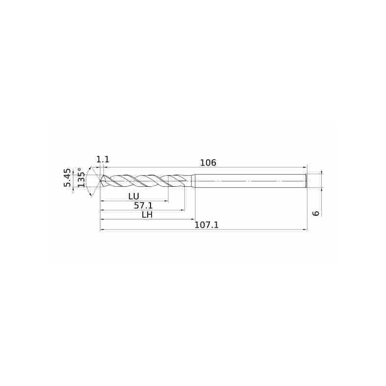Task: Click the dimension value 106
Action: point(208,163)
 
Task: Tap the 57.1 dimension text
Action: point(144,206)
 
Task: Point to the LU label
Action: point(134,196)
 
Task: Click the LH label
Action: point(147,215)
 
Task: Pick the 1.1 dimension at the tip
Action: point(103,159)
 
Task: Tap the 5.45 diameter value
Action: point(68,178)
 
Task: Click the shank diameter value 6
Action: point(317,212)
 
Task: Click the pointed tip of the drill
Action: point(101,181)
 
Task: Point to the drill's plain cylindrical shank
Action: point(251,181)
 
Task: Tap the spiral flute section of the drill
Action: point(145,181)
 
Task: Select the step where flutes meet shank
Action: point(193,180)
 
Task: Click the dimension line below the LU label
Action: point(134,201)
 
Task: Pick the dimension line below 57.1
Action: point(142,210)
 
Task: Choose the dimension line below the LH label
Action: point(147,220)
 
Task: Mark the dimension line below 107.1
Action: point(203,230)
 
